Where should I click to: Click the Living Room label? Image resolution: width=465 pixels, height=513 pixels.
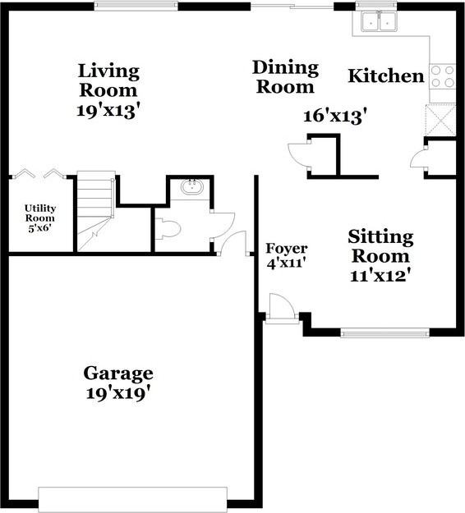click(x=108, y=80)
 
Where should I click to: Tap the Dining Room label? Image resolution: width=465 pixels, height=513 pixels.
click(x=285, y=76)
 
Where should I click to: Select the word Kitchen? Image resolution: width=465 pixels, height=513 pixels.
click(x=386, y=76)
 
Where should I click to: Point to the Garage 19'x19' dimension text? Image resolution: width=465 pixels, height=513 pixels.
click(x=118, y=392)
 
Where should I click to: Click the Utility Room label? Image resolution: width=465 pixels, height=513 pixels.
click(x=39, y=218)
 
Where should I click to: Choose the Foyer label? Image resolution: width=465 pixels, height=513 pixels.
click(x=286, y=249)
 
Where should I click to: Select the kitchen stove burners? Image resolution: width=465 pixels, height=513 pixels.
click(x=441, y=76)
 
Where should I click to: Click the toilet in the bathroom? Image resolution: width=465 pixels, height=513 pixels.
click(x=167, y=228)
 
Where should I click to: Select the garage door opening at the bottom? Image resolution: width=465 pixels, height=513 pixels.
click(x=132, y=499)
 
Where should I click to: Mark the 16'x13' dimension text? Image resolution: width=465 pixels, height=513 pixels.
click(x=334, y=117)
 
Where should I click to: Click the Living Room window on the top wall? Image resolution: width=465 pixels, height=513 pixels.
click(x=136, y=6)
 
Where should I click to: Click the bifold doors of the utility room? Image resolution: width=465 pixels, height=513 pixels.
click(x=39, y=173)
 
